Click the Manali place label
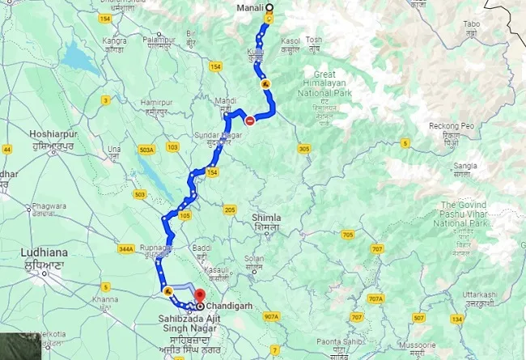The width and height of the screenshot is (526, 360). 248,9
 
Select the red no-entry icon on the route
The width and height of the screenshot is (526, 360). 250,121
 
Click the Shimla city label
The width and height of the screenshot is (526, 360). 267,218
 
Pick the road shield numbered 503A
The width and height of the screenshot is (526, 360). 146,149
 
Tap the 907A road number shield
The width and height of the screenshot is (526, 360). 271,316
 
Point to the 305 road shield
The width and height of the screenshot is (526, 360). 303,149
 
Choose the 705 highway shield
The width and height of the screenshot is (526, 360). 348,235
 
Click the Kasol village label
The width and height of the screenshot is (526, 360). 291,40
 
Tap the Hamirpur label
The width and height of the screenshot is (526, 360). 157,102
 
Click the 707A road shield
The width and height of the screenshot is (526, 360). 375,299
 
